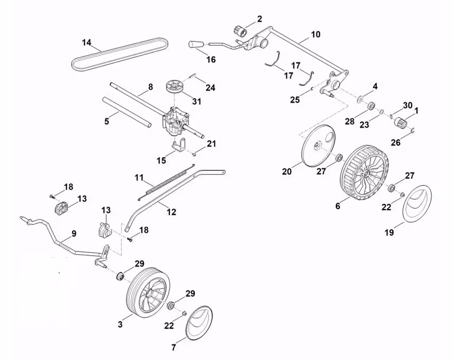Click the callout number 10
(315, 35)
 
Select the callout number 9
(73, 233)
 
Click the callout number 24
(211, 88)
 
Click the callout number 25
(294, 100)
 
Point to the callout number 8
(150, 87)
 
